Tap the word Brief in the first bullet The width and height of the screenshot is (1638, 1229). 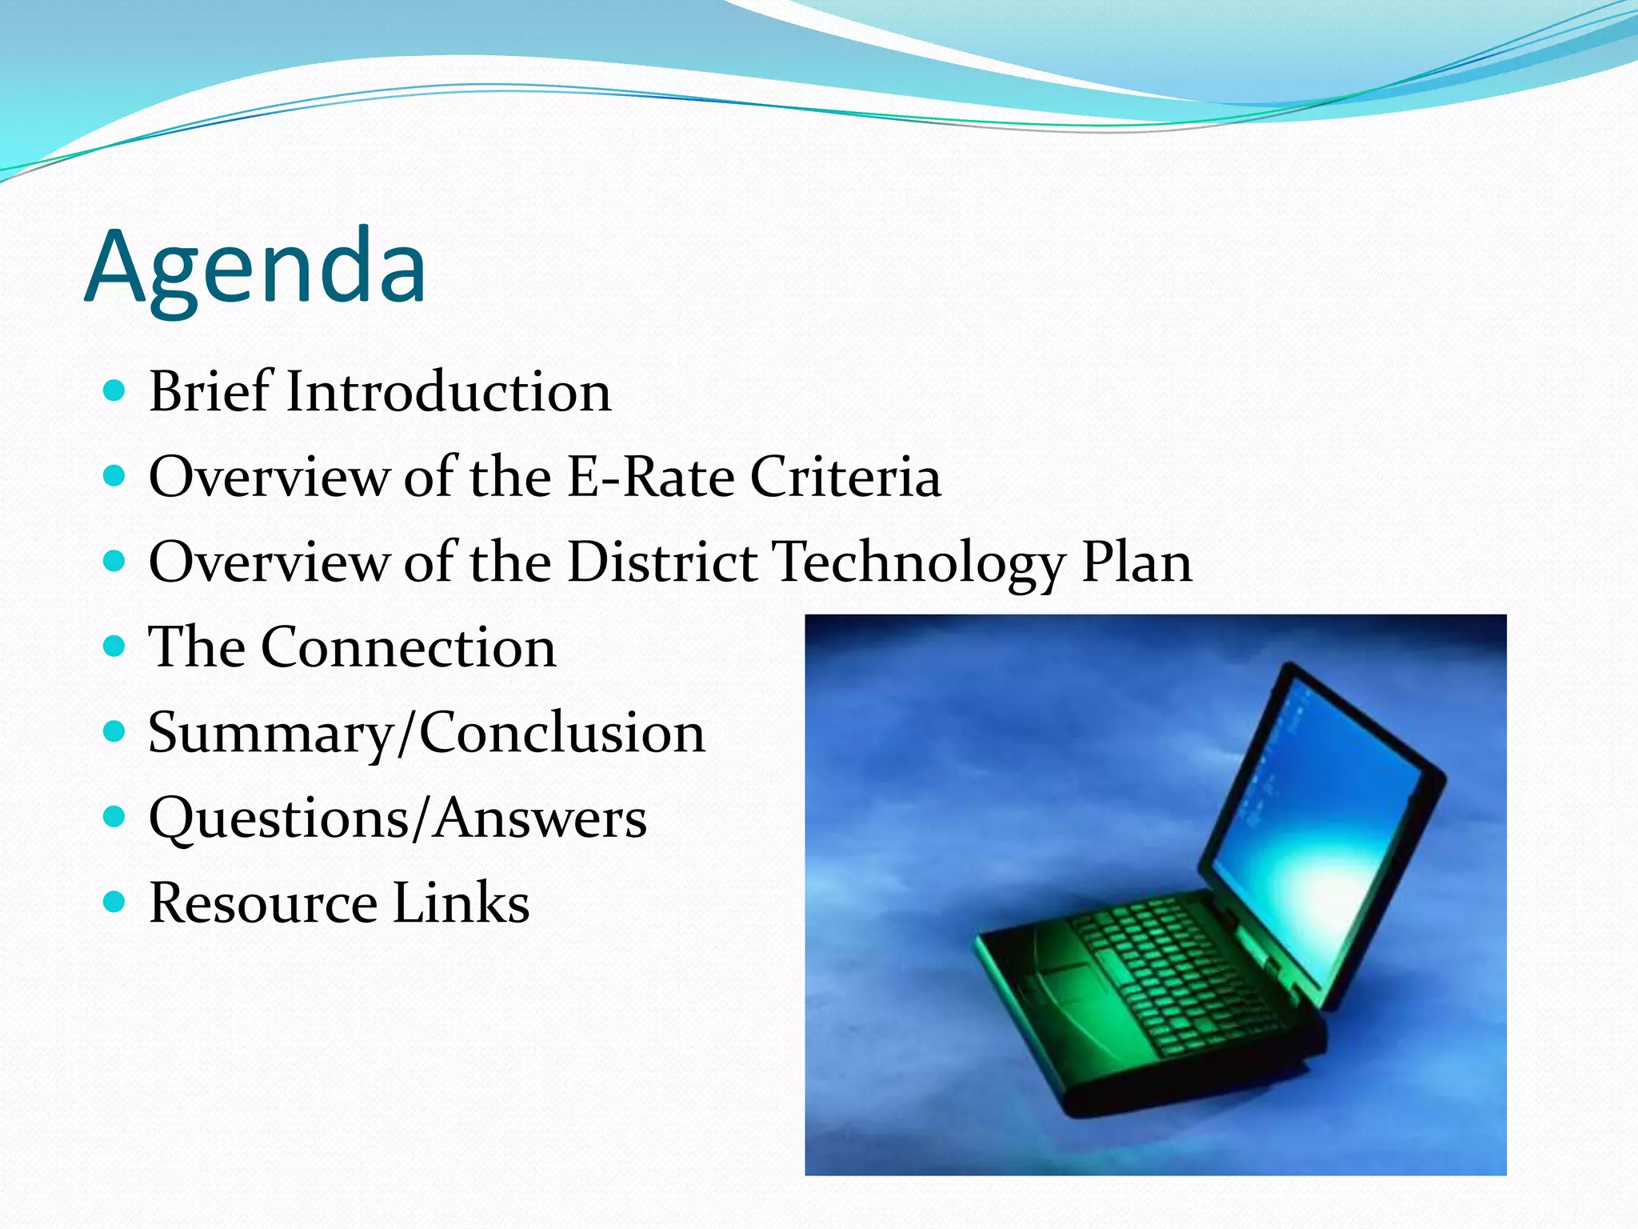pyautogui.click(x=210, y=392)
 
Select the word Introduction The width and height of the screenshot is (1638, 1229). pyautogui.click(x=449, y=392)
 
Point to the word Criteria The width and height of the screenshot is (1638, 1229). pyautogui.click(x=845, y=477)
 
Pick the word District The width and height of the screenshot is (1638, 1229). pyautogui.click(x=662, y=562)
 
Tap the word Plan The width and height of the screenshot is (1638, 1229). pyautogui.click(x=1137, y=562)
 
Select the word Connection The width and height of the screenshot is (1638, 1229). pyautogui.click(x=408, y=647)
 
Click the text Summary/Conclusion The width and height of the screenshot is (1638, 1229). pyautogui.click(x=427, y=734)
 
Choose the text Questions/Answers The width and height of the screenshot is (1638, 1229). pyautogui.click(x=398, y=819)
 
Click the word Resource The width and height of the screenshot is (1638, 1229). pyautogui.click(x=263, y=903)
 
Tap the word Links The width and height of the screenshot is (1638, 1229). pyautogui.click(x=461, y=903)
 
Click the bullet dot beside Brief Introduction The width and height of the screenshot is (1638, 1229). pyautogui.click(x=115, y=391)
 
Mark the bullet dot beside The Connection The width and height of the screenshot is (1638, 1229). pyautogui.click(x=115, y=647)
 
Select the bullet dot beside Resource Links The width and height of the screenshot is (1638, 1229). pyautogui.click(x=115, y=903)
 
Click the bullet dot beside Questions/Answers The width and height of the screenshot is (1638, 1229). pyautogui.click(x=115, y=817)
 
